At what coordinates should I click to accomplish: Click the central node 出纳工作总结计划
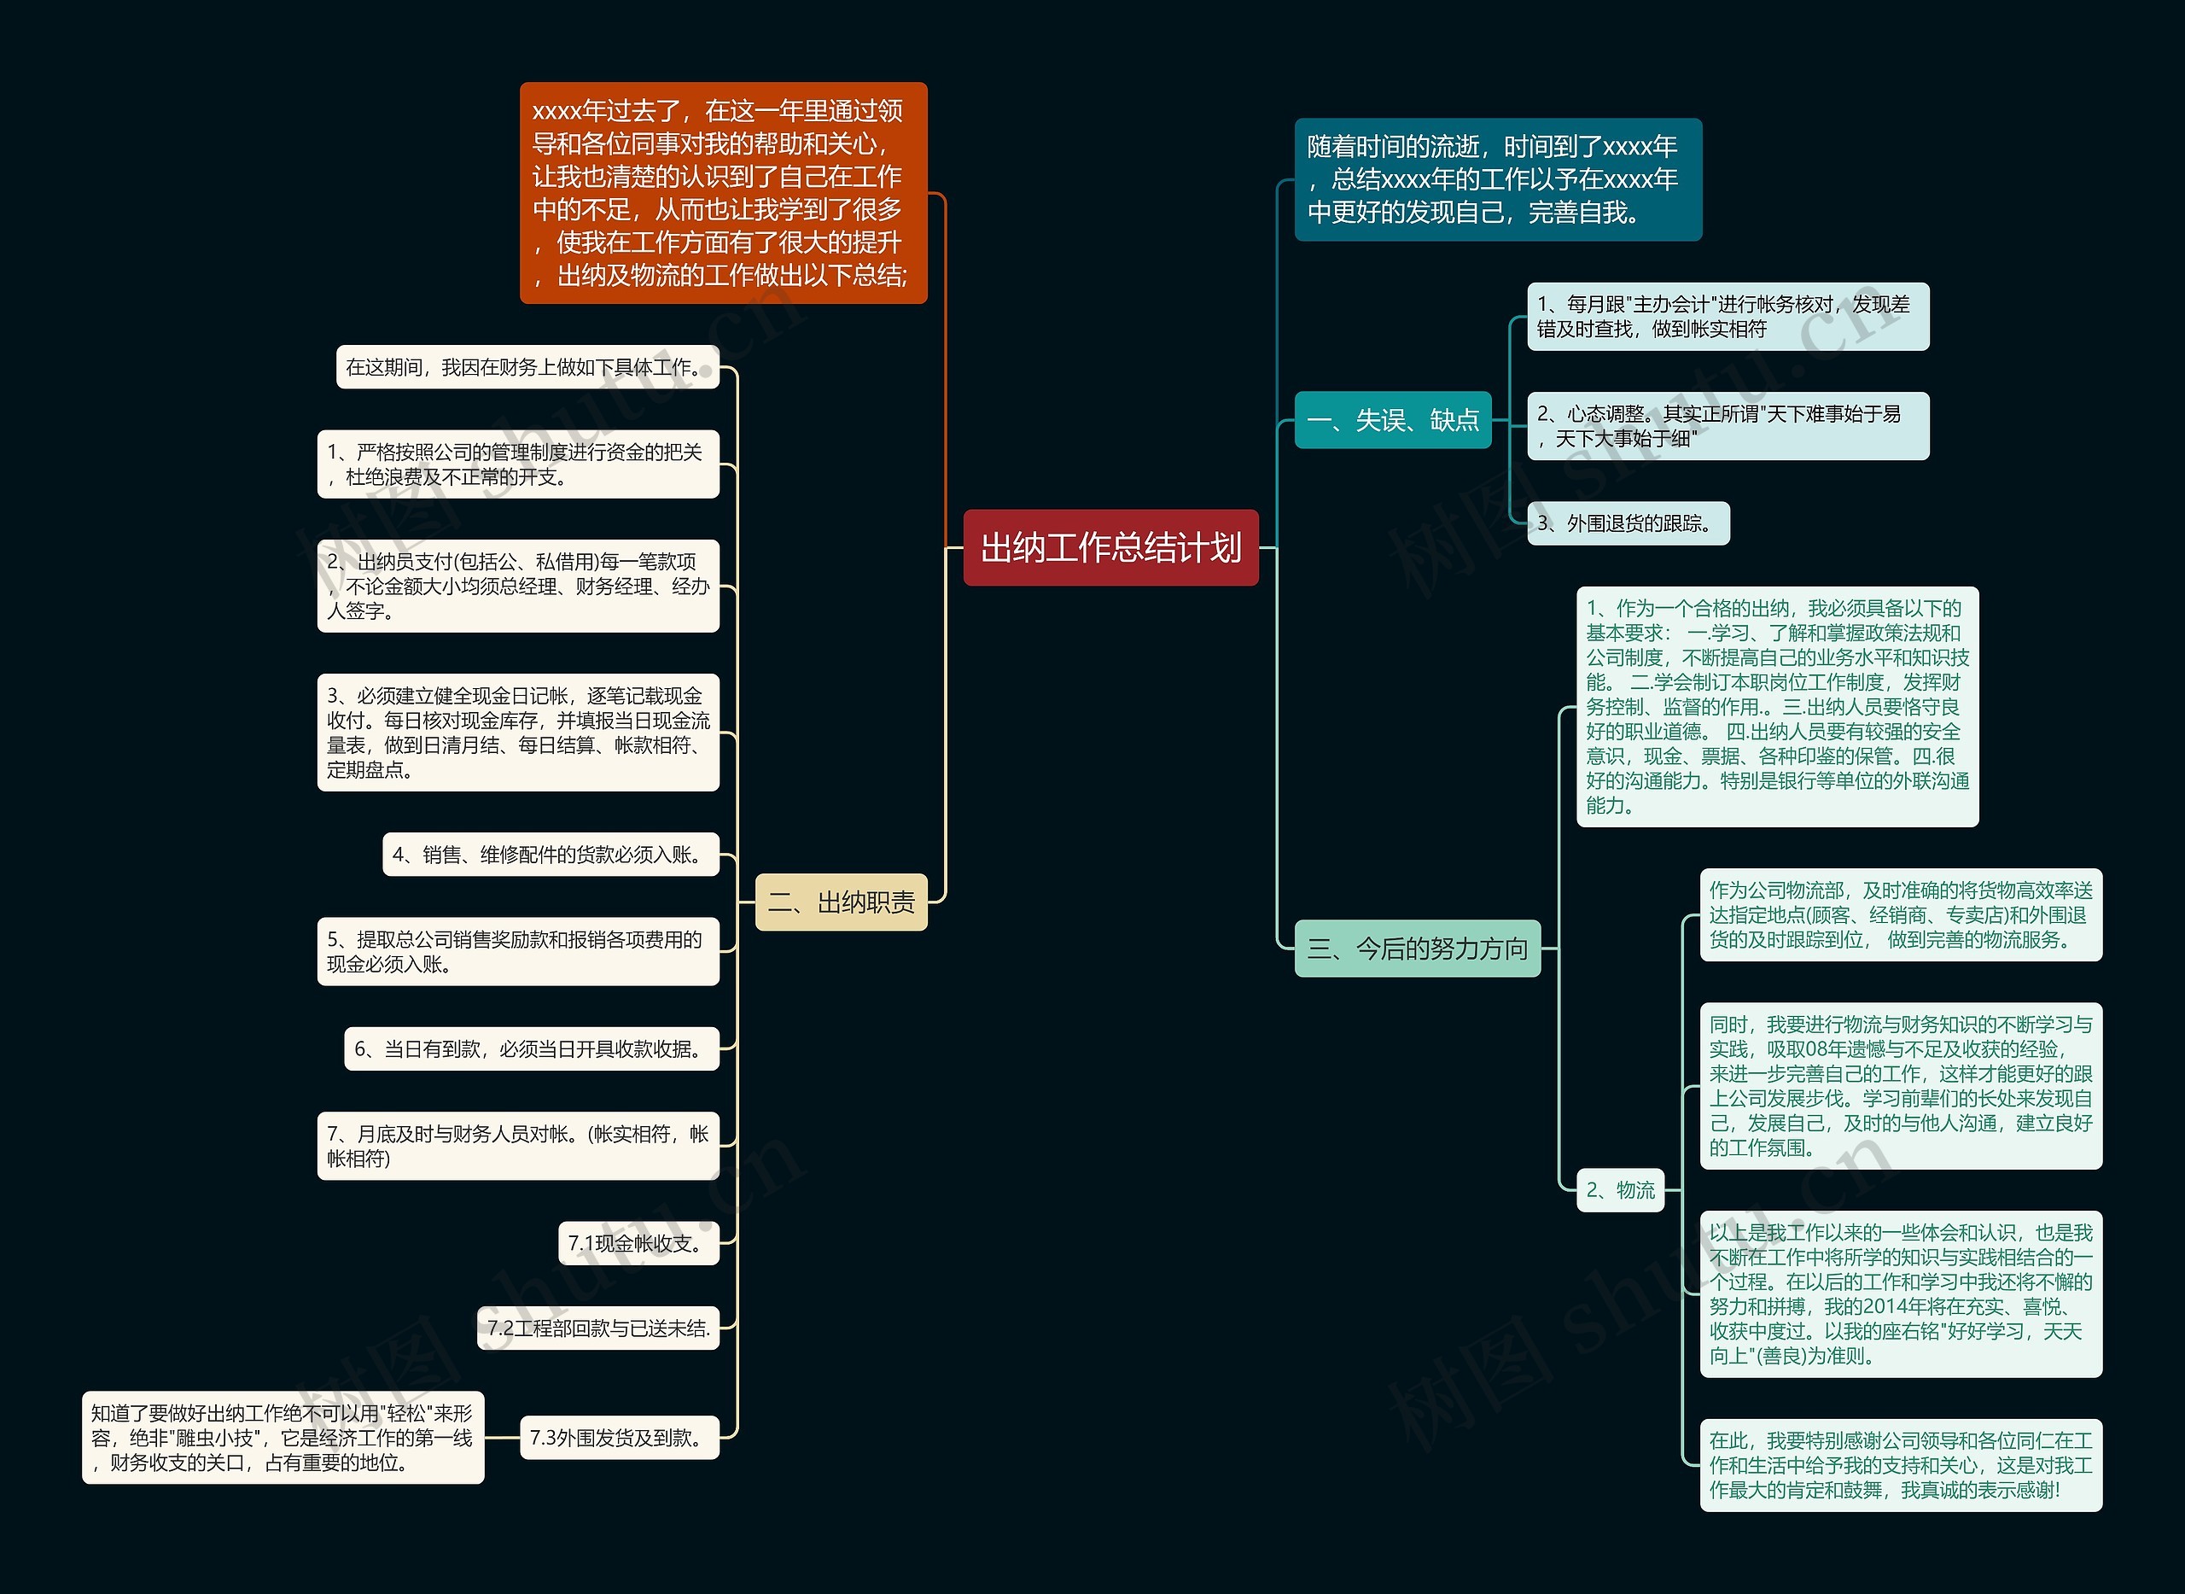point(1110,547)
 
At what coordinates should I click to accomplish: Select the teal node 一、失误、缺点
point(1392,420)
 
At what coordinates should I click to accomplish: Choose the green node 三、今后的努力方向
point(1416,949)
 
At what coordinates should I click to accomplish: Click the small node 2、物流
point(1620,1189)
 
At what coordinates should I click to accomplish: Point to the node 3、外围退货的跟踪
point(1628,523)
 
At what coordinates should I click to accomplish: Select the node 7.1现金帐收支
point(638,1243)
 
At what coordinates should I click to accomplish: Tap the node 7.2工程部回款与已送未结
point(598,1328)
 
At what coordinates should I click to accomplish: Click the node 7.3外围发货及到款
point(620,1438)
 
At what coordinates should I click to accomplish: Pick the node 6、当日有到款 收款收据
point(532,1048)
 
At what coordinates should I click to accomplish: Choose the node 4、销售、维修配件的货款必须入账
point(551,854)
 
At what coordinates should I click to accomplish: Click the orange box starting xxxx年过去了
point(723,193)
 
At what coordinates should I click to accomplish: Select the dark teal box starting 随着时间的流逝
point(1497,179)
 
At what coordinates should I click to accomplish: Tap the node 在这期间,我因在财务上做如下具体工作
point(527,366)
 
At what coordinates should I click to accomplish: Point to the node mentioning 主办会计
point(1727,317)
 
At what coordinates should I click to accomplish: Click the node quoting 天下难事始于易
point(1727,425)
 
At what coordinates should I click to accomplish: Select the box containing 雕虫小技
point(283,1438)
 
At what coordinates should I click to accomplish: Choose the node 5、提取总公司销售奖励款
point(518,951)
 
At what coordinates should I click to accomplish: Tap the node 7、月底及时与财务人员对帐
point(518,1145)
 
